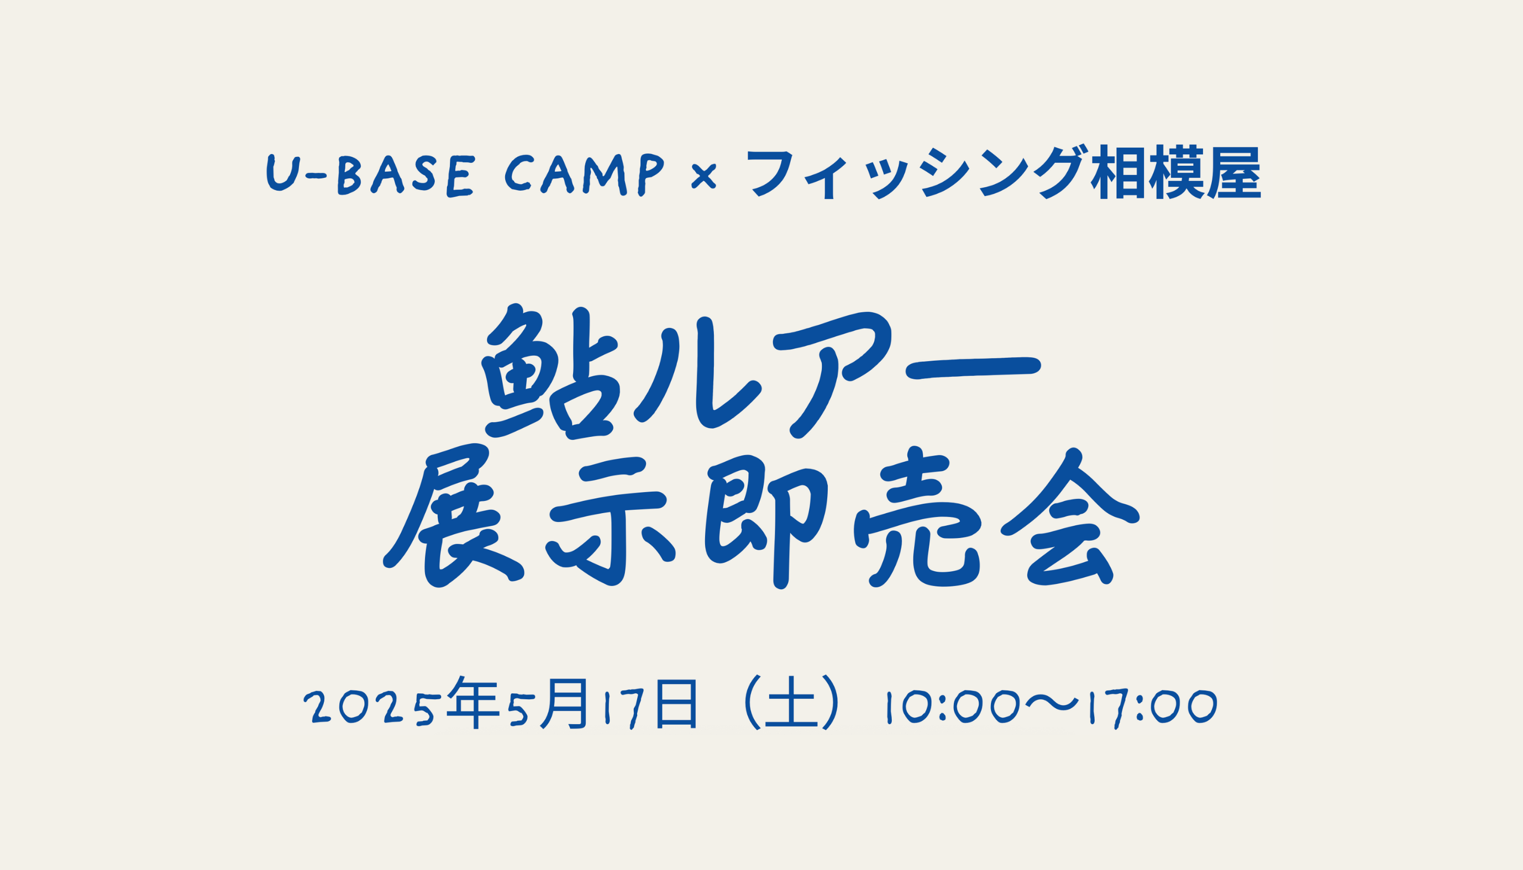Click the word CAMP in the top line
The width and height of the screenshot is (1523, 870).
[x=585, y=175]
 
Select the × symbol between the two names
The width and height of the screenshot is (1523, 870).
[x=703, y=177]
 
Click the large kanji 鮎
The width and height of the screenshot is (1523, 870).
[x=549, y=373]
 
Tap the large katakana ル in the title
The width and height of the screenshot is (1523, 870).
[x=697, y=376]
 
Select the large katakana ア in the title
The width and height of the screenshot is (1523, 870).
[x=832, y=374]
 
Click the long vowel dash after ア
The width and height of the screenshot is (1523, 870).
[x=974, y=367]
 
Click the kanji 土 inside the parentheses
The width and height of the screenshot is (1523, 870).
[x=791, y=703]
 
